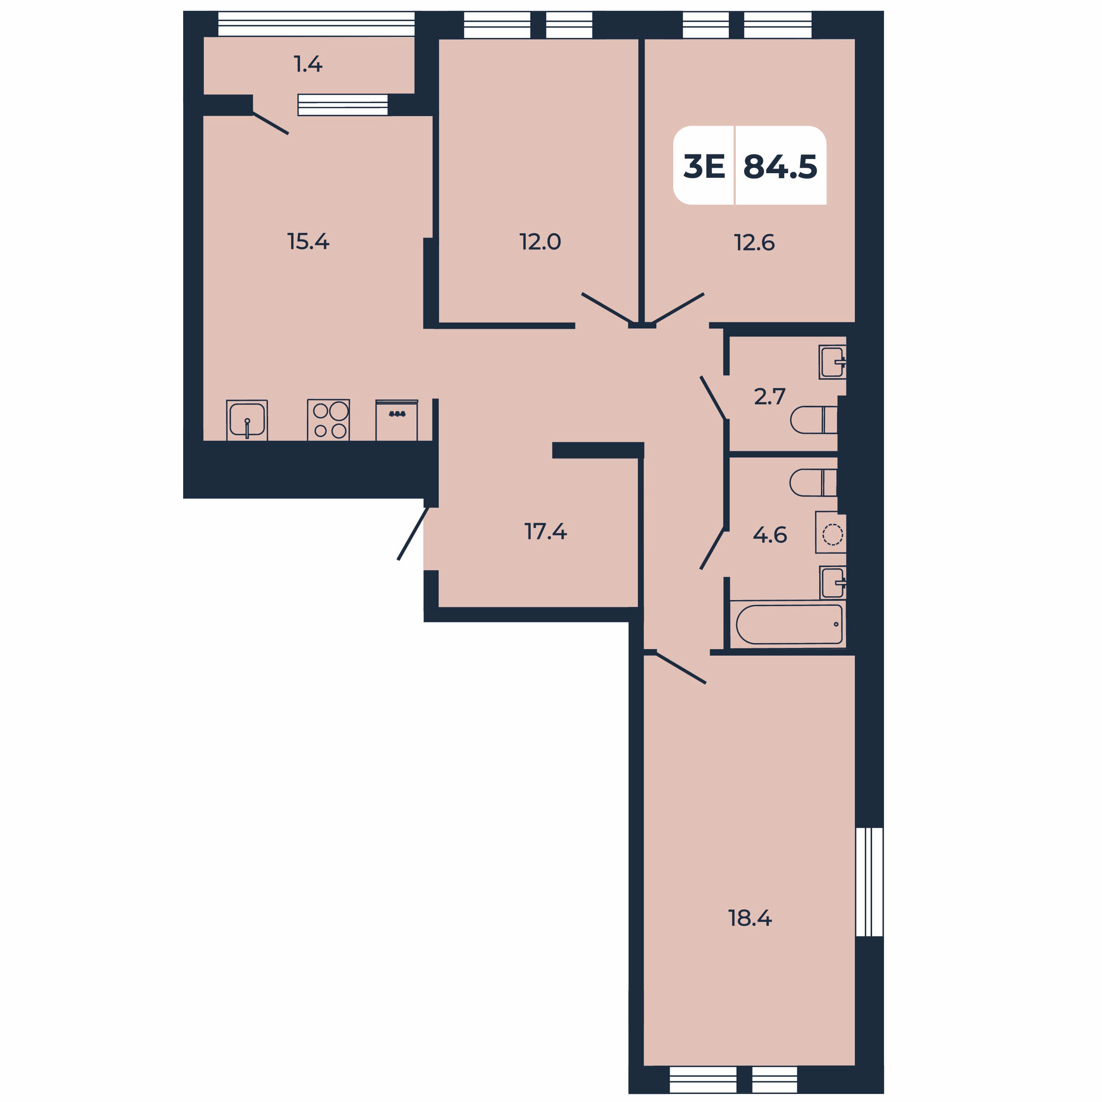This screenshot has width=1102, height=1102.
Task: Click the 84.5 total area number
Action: pyautogui.click(x=780, y=167)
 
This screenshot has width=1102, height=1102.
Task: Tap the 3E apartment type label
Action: pyautogui.click(x=704, y=167)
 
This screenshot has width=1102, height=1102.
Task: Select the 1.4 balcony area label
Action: pyautogui.click(x=308, y=64)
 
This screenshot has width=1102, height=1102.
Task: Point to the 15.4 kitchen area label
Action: pyautogui.click(x=308, y=242)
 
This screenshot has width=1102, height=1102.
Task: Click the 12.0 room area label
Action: pyautogui.click(x=540, y=242)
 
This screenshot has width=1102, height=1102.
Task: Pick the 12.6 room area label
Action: pyautogui.click(x=754, y=243)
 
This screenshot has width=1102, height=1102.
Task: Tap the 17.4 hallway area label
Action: pyautogui.click(x=545, y=531)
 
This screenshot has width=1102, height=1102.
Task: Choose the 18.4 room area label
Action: pyautogui.click(x=750, y=918)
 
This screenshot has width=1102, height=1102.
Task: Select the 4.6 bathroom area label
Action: pyautogui.click(x=770, y=535)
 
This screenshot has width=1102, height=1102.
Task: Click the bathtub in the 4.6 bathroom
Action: pyautogui.click(x=789, y=624)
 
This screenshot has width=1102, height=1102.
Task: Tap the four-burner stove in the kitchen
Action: pyautogui.click(x=328, y=420)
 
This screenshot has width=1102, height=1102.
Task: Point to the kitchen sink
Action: pyautogui.click(x=247, y=420)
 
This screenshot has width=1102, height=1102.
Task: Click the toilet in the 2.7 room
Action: pyautogui.click(x=814, y=420)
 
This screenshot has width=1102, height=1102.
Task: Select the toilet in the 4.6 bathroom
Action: pyautogui.click(x=813, y=482)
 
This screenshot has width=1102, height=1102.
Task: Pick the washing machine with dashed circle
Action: pyautogui.click(x=830, y=532)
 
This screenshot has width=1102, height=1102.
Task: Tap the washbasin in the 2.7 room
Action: pyautogui.click(x=833, y=362)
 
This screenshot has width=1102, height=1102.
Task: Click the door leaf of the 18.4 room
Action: pyautogui.click(x=681, y=668)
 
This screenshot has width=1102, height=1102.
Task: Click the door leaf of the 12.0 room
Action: pyautogui.click(x=609, y=308)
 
